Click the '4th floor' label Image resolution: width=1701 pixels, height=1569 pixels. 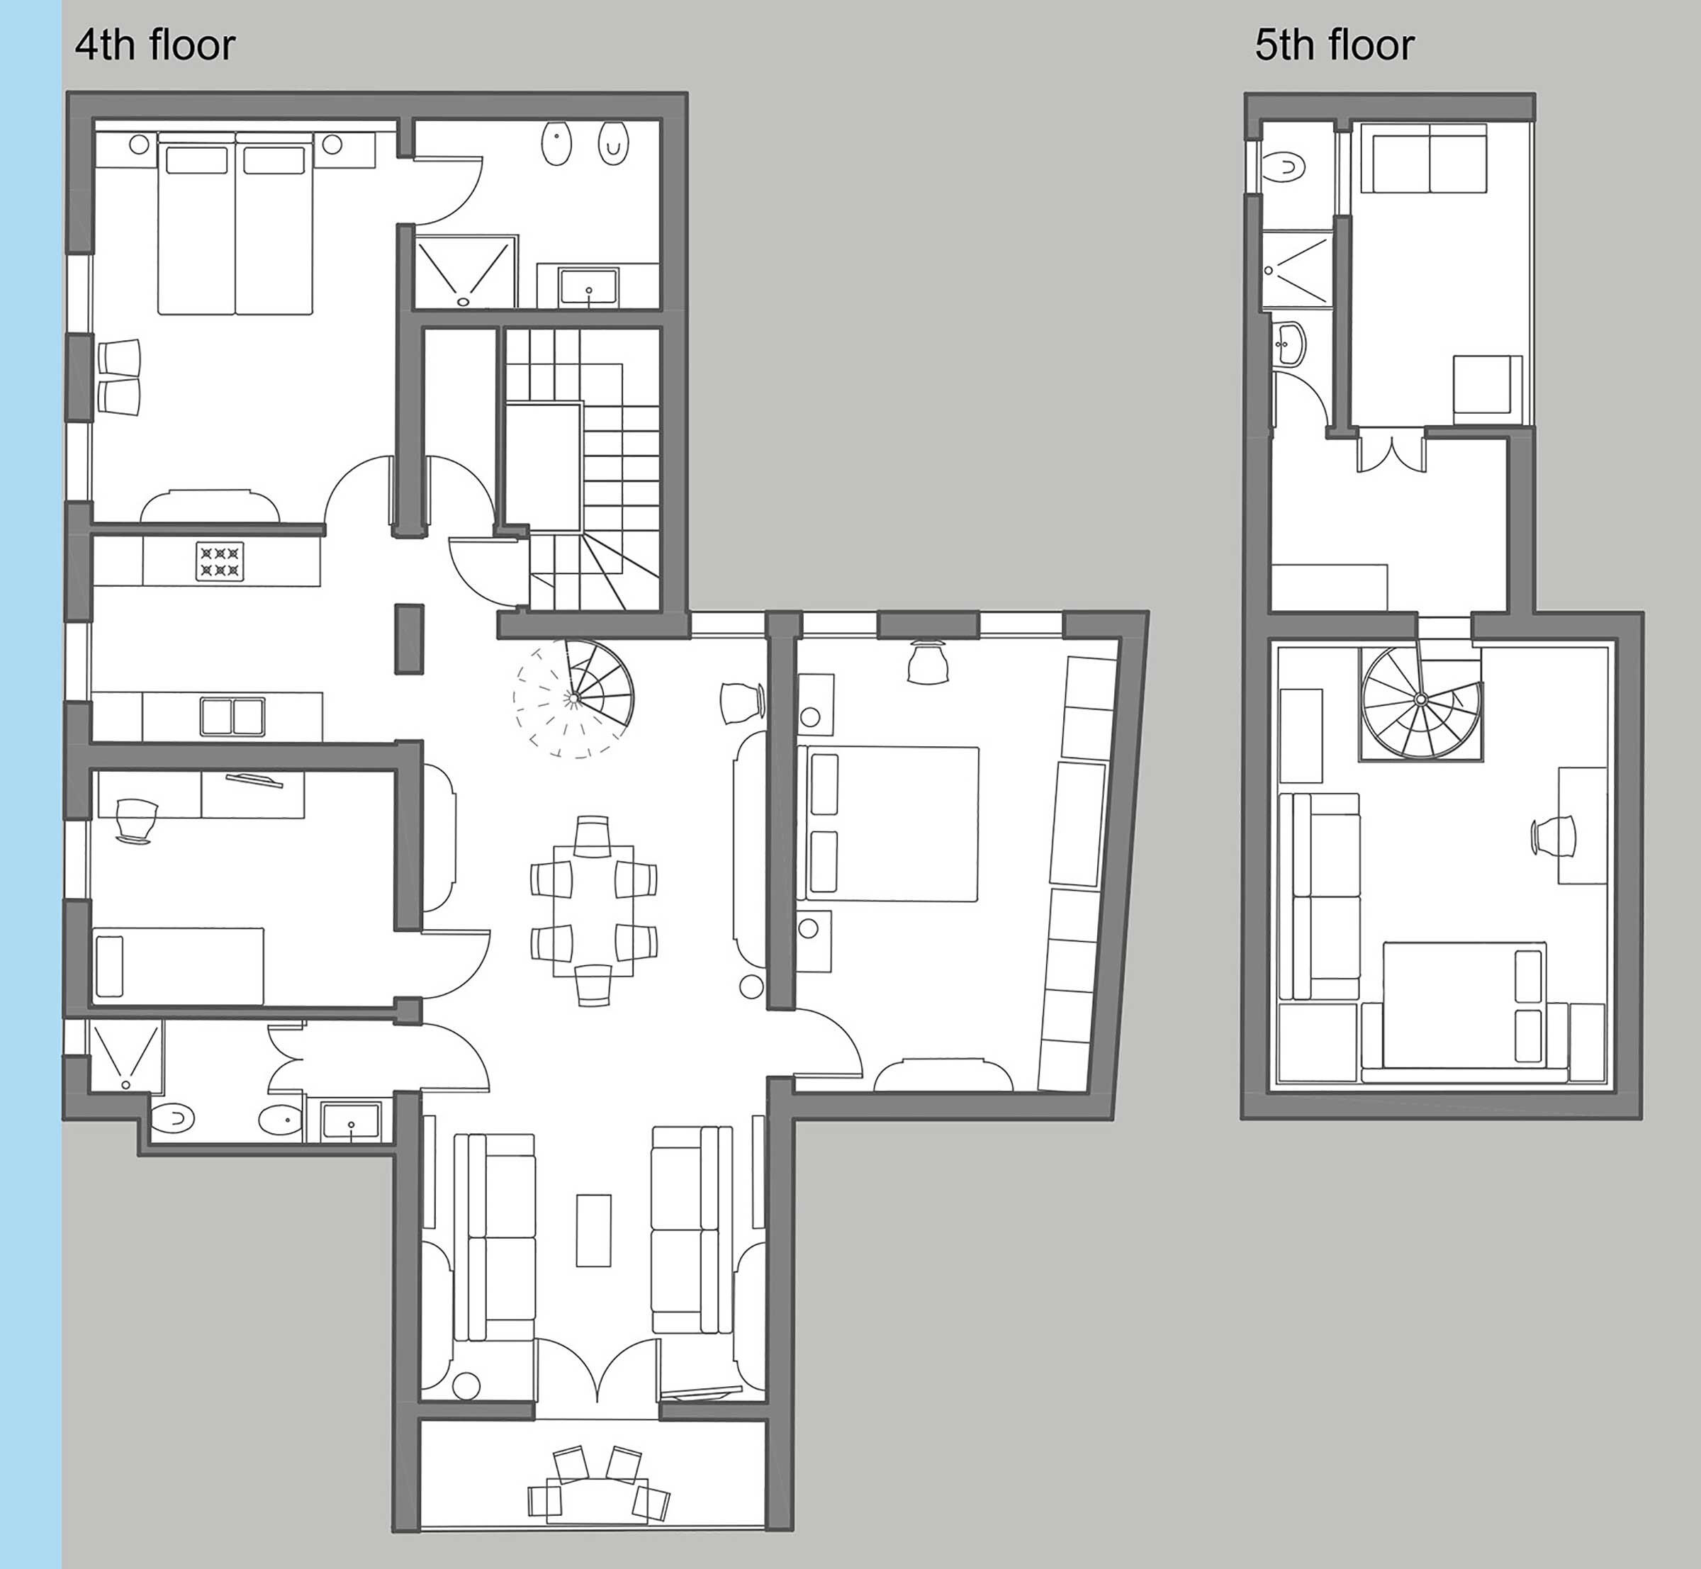point(155,46)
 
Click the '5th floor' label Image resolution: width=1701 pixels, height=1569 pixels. point(1334,46)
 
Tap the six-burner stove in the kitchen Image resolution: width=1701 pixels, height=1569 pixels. point(220,562)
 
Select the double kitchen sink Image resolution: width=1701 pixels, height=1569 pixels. point(232,716)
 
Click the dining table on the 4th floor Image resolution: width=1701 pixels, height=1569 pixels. point(593,910)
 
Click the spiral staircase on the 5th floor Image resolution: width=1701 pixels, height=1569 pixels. point(1421,702)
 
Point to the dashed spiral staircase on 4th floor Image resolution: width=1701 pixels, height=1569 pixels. point(574,698)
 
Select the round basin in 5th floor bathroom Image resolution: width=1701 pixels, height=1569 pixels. point(1290,344)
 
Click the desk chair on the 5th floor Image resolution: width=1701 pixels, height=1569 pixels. point(1554,836)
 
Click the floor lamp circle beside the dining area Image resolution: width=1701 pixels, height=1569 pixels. point(751,986)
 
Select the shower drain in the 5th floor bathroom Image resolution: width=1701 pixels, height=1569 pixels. point(1269,271)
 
